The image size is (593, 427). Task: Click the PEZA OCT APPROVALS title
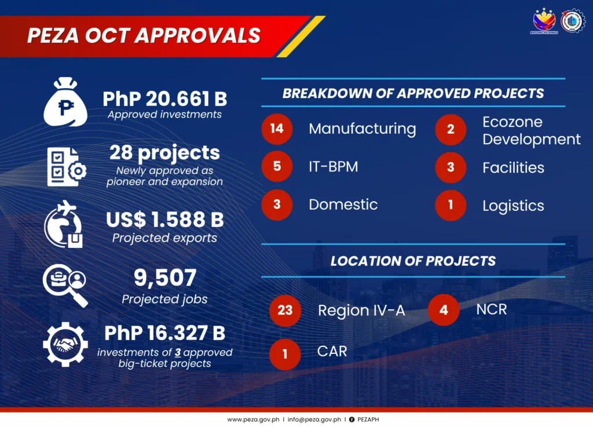144,36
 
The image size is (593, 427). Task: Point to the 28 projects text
164,152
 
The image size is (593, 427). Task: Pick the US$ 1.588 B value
164,220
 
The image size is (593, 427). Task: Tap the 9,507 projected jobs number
164,279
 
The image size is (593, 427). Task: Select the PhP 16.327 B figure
164,333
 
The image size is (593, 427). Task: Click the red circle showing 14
277,129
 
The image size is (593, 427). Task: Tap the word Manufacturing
362,129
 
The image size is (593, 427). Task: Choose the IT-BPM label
333,167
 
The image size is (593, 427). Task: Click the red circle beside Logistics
451,205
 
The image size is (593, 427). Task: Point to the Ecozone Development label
531,131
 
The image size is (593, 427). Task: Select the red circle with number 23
285,311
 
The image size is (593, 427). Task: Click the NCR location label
491,309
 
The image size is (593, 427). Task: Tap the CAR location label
332,351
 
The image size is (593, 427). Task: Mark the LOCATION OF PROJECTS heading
413,261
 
